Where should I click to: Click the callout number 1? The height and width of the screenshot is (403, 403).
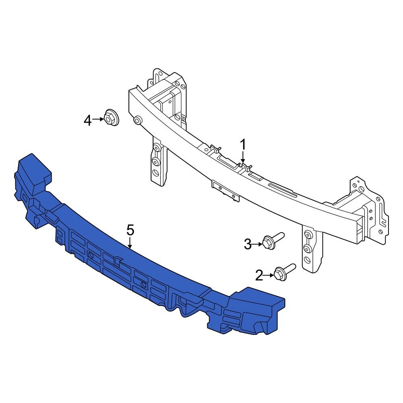(243, 145)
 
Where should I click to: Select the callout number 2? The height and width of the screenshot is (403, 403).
(259, 276)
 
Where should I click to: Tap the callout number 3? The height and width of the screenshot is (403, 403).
(248, 244)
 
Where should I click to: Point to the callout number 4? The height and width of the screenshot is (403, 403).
(88, 120)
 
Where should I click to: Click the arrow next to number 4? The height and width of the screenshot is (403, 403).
(98, 119)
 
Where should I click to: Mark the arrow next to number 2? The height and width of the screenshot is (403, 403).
(269, 276)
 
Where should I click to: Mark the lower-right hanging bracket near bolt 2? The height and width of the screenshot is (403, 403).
(311, 248)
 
